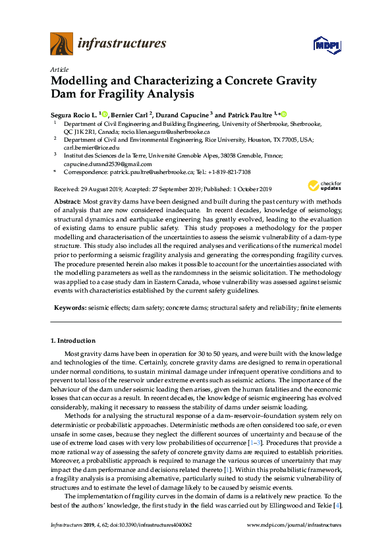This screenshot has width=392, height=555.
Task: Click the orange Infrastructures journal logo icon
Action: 61,44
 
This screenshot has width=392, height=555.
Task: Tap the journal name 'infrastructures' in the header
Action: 122,44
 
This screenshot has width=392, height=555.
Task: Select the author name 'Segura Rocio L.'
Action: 73,114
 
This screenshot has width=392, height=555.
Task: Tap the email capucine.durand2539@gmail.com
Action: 107,164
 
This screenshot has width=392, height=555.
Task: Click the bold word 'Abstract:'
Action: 67,200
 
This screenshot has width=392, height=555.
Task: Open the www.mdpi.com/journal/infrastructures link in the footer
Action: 294,544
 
